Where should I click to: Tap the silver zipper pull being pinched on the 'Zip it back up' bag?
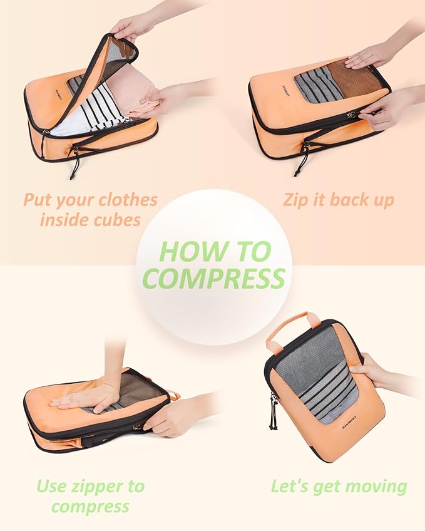click(x=352, y=115)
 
